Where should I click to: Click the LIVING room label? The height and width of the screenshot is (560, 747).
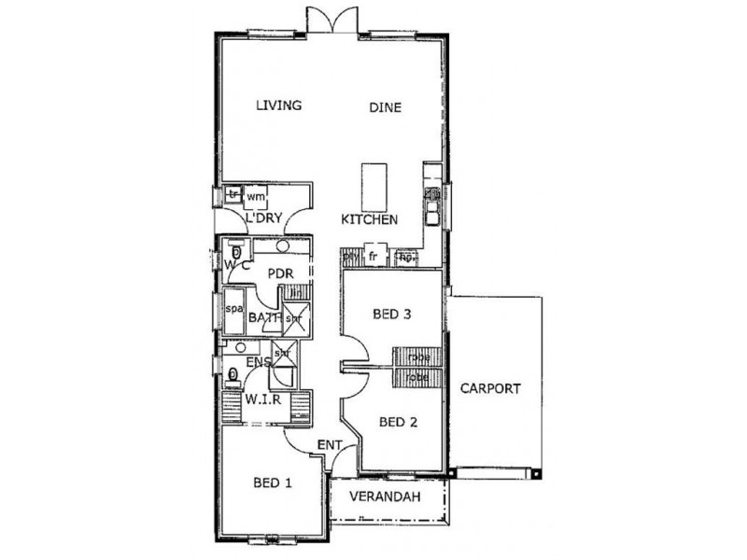click(279, 105)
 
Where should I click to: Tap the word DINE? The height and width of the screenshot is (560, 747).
click(384, 107)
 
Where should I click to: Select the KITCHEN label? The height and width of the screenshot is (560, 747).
click(369, 219)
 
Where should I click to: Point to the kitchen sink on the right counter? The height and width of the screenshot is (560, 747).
click(433, 207)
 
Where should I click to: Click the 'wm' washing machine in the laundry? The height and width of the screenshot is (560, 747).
click(255, 197)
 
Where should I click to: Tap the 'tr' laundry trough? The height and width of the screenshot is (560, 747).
click(233, 195)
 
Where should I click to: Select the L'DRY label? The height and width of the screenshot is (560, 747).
click(263, 219)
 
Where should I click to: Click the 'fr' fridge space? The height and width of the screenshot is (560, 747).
click(373, 256)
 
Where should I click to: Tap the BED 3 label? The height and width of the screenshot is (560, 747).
click(392, 314)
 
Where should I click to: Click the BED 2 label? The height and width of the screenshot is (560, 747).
click(398, 422)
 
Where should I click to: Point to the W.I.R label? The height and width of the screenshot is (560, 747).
click(264, 399)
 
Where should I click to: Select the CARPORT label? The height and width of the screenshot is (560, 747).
click(491, 388)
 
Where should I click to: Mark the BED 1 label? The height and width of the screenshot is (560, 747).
click(273, 483)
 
